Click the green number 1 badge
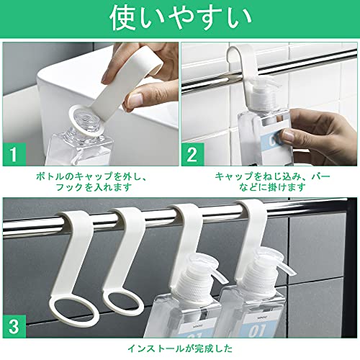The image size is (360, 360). tap(14, 154)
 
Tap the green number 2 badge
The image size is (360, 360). tap(192, 154)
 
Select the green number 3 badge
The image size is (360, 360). tap(14, 326)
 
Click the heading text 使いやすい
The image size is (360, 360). tap(181, 19)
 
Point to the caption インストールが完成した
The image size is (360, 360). tap(180, 348)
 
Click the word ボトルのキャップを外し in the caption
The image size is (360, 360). tap(88, 176)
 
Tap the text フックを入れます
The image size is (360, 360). tap(94, 187)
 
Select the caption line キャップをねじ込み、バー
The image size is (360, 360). tap(272, 176)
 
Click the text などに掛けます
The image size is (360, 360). tap(272, 187)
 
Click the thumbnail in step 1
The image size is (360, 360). tap(135, 99)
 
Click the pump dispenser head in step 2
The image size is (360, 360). tap(265, 95)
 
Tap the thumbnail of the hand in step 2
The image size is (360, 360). tap(289, 135)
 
